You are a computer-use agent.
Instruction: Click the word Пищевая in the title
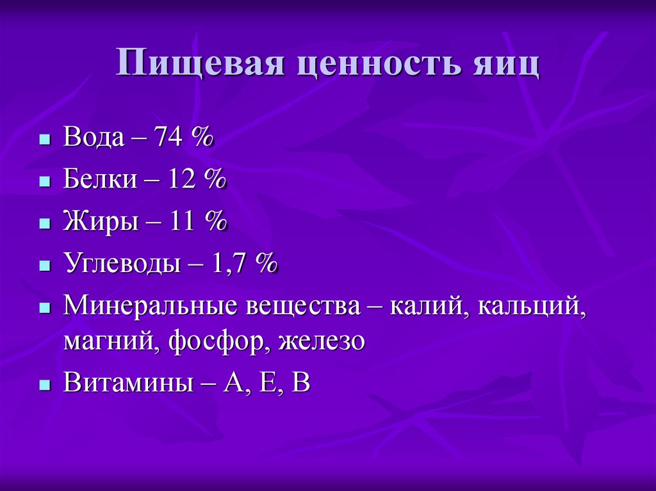tap(199, 66)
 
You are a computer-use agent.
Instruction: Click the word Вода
tap(94, 138)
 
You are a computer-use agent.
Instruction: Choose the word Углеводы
tap(122, 263)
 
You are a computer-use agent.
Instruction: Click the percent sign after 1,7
tap(266, 263)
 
